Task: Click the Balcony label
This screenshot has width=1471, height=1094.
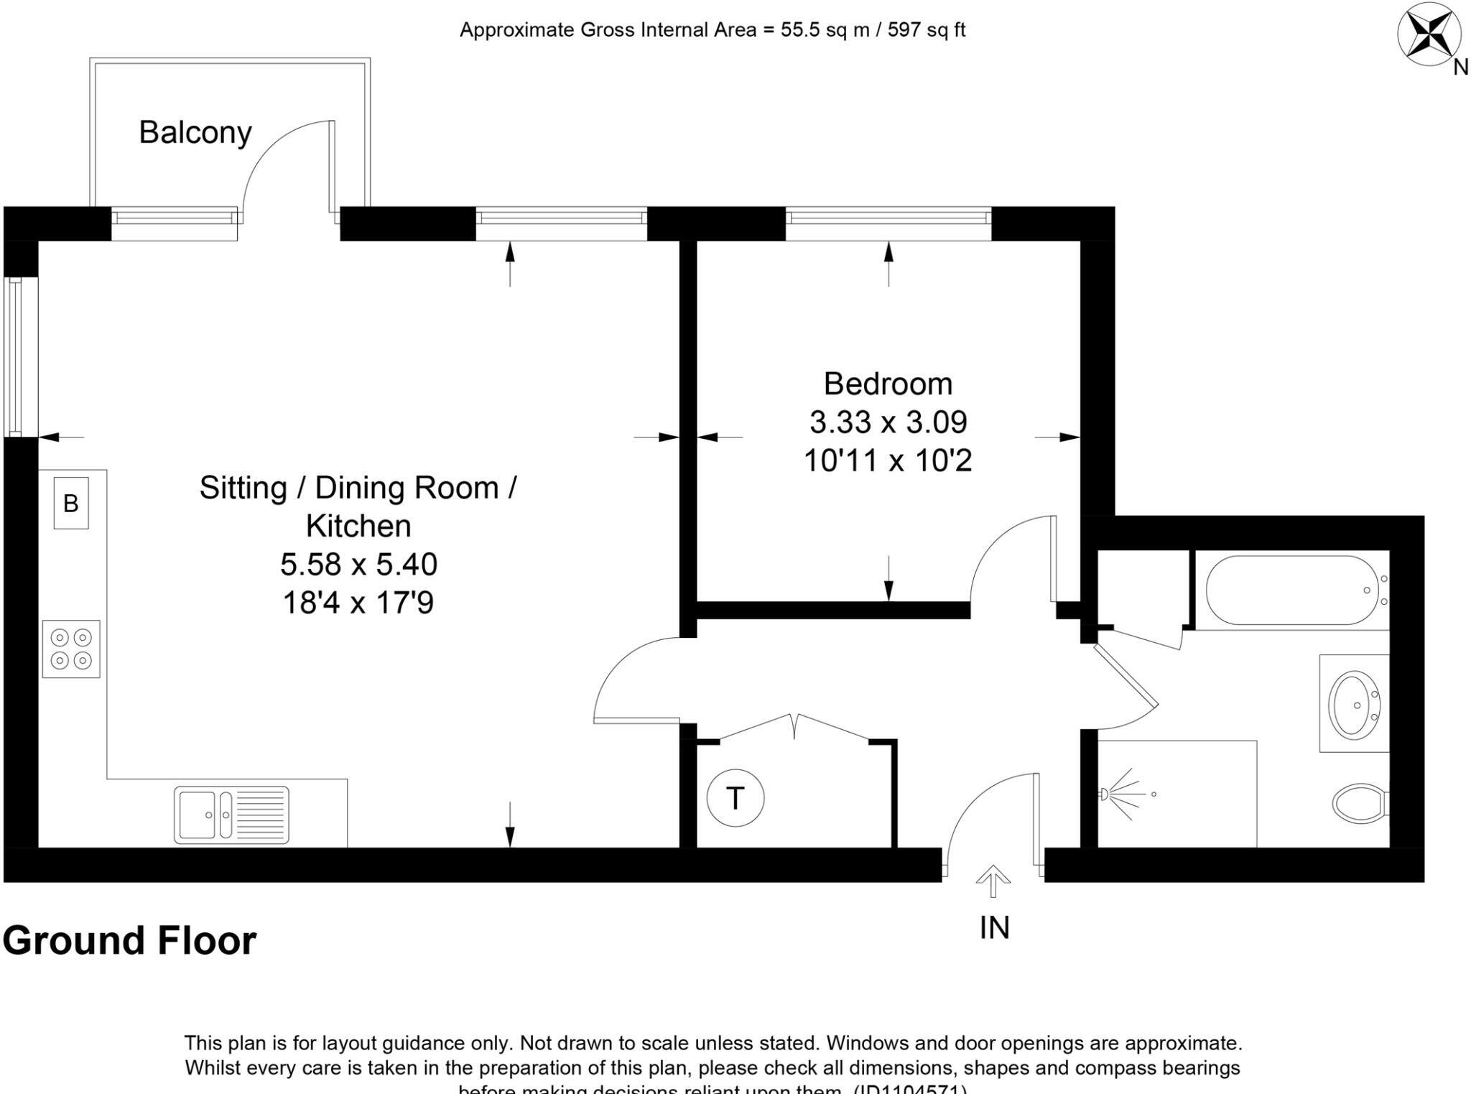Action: pyautogui.click(x=195, y=133)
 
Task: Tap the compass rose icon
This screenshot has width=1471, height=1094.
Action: pyautogui.click(x=1428, y=34)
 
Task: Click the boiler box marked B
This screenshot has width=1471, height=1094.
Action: pyautogui.click(x=70, y=503)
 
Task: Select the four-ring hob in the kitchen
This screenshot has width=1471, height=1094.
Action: pyautogui.click(x=71, y=649)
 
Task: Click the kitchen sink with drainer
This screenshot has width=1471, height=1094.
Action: pyautogui.click(x=231, y=815)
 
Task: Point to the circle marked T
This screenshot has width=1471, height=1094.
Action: pyautogui.click(x=735, y=798)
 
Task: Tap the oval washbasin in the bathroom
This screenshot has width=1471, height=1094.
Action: pyautogui.click(x=1353, y=704)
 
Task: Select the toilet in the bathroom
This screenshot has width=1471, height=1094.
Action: pyautogui.click(x=1359, y=802)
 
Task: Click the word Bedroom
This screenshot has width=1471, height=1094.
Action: pyautogui.click(x=888, y=384)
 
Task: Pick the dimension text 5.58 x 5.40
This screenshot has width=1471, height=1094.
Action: pyautogui.click(x=358, y=565)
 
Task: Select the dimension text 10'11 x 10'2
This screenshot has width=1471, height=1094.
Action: pyautogui.click(x=888, y=460)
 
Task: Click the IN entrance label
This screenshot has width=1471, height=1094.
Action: pyautogui.click(x=994, y=927)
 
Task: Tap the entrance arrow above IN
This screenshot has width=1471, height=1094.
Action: pyautogui.click(x=993, y=881)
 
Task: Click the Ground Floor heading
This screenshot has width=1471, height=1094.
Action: pyautogui.click(x=129, y=940)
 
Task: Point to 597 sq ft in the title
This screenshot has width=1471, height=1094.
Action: pyautogui.click(x=926, y=30)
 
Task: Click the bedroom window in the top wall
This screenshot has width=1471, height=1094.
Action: pyautogui.click(x=888, y=223)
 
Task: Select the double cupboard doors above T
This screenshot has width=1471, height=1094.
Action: pyautogui.click(x=794, y=727)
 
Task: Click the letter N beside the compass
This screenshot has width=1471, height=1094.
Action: pyautogui.click(x=1460, y=68)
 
